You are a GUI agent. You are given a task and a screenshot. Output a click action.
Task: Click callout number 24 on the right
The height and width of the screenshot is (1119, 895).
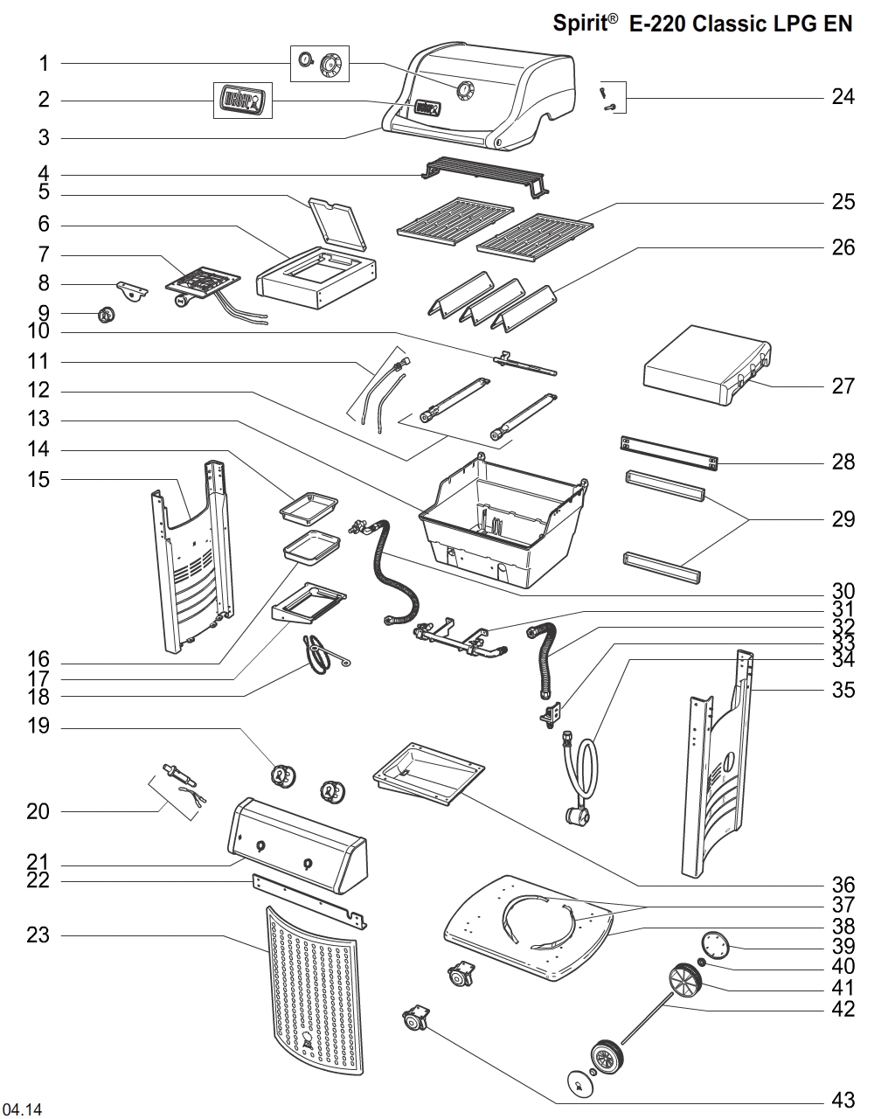pyautogui.click(x=843, y=97)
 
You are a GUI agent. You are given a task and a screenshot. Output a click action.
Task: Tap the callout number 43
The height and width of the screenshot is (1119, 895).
pyautogui.click(x=843, y=1101)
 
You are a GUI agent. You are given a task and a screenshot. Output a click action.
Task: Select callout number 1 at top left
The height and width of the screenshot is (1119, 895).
pyautogui.click(x=44, y=63)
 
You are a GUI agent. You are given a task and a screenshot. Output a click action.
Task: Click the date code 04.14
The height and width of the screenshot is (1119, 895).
pyautogui.click(x=23, y=1110)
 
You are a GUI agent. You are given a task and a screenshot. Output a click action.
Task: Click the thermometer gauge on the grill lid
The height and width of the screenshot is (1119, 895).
pyautogui.click(x=464, y=89)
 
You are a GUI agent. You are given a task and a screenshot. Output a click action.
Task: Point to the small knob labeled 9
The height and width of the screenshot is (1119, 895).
pyautogui.click(x=106, y=316)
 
